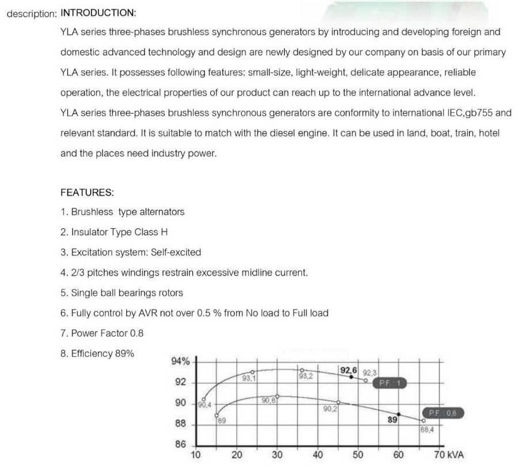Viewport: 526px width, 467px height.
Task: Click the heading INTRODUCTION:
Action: click(x=99, y=12)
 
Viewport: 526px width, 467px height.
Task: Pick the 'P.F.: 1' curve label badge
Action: click(x=391, y=383)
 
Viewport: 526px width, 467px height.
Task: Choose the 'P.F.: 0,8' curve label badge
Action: click(x=443, y=413)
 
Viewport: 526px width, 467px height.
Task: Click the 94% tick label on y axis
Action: click(x=181, y=362)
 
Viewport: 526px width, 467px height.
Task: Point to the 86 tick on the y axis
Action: click(x=180, y=445)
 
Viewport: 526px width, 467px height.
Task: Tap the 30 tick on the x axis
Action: click(x=277, y=455)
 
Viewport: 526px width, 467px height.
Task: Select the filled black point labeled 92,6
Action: click(x=351, y=376)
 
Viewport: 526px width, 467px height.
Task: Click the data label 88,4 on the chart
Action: click(x=427, y=429)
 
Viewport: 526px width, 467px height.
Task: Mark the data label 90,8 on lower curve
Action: click(x=268, y=401)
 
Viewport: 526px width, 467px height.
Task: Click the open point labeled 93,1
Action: click(x=252, y=372)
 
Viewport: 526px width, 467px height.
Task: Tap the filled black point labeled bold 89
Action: click(x=398, y=415)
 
